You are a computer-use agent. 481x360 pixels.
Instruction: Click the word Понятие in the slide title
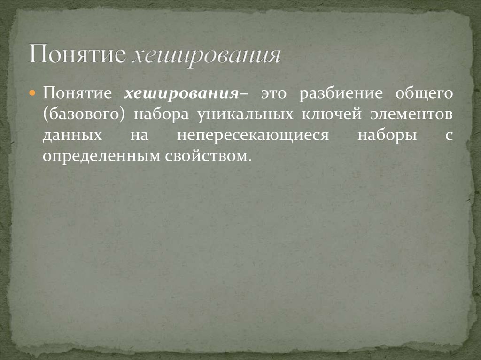77,55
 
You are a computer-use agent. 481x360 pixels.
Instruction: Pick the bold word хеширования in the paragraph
180,93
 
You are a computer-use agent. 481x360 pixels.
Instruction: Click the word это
273,93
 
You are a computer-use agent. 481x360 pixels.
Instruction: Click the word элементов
409,115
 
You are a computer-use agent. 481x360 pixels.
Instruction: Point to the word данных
72,136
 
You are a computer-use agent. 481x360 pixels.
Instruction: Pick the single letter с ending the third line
449,136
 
